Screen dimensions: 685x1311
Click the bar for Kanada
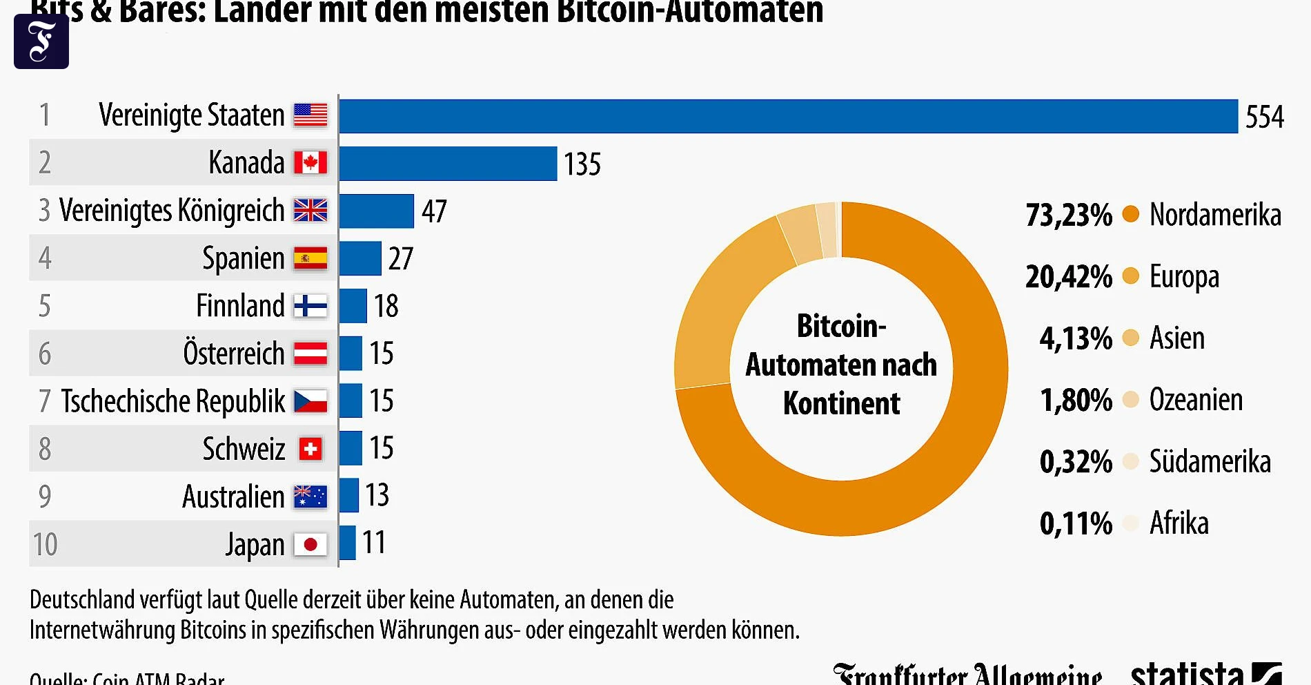[x=448, y=164]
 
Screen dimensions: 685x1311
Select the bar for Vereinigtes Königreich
[x=376, y=211]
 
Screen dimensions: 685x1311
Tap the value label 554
[x=1264, y=117]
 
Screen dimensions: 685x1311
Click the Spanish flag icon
[x=310, y=259]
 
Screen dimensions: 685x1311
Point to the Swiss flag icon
[x=310, y=450]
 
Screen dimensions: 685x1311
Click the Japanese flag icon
[x=310, y=545]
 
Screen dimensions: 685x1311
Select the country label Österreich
[x=233, y=354]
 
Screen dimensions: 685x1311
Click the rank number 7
[x=45, y=401]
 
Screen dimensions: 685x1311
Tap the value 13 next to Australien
[x=377, y=495]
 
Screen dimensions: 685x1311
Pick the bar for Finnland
[x=353, y=306]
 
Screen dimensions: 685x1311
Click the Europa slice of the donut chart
[x=718, y=304]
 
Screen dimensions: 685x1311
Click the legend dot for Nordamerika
[x=1130, y=214]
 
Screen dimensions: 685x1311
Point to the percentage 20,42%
[x=1068, y=277]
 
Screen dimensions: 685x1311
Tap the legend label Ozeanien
[x=1195, y=400]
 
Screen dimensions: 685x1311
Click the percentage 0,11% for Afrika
[x=1075, y=523]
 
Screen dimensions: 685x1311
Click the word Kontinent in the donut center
[x=841, y=403]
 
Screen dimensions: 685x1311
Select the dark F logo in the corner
[x=41, y=41]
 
